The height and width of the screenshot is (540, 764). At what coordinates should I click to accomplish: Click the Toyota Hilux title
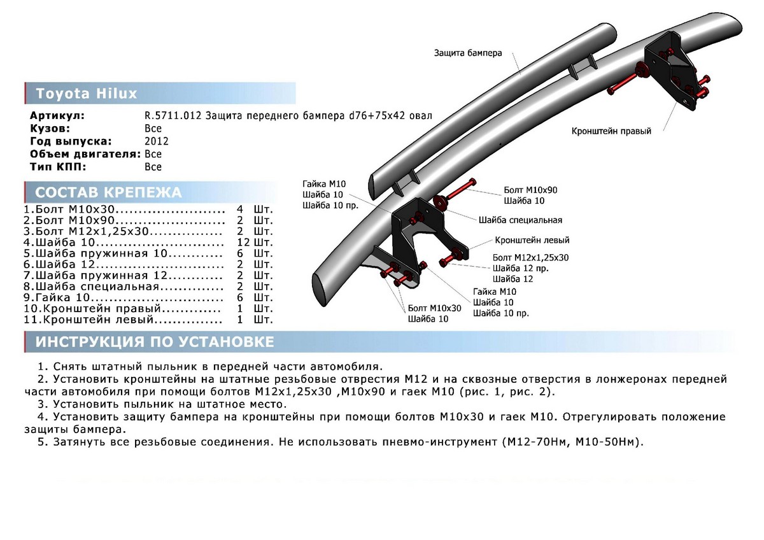[x=87, y=94]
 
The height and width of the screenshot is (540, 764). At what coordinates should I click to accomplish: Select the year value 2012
[x=156, y=141]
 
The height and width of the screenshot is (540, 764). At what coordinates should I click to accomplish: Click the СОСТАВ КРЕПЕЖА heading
[x=108, y=192]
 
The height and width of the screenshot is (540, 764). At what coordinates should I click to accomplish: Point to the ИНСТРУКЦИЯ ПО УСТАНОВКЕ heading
[x=155, y=342]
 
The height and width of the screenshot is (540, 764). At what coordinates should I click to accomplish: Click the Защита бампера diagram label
[x=468, y=53]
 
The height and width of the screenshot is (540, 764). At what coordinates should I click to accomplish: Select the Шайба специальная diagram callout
[x=520, y=220]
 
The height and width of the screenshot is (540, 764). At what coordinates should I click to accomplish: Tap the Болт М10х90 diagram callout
[x=530, y=190]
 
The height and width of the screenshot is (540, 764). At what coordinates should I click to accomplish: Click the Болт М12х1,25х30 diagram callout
[x=530, y=257]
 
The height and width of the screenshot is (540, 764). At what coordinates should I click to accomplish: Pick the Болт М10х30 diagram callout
[x=435, y=308]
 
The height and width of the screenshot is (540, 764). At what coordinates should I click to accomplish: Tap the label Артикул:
[x=57, y=116]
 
